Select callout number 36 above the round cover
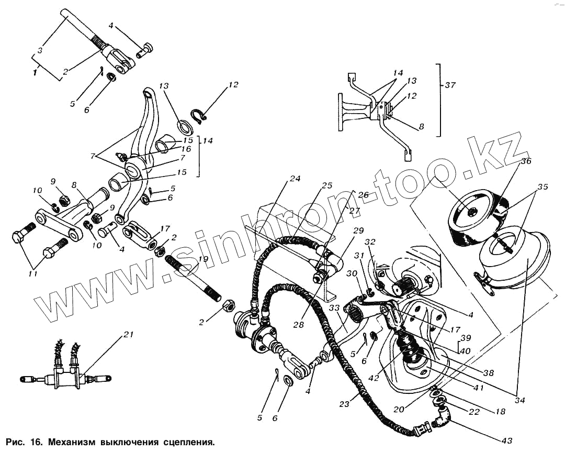[525, 161]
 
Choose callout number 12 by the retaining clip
[233, 84]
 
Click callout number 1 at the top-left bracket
[35, 73]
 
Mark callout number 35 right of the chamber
[543, 186]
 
